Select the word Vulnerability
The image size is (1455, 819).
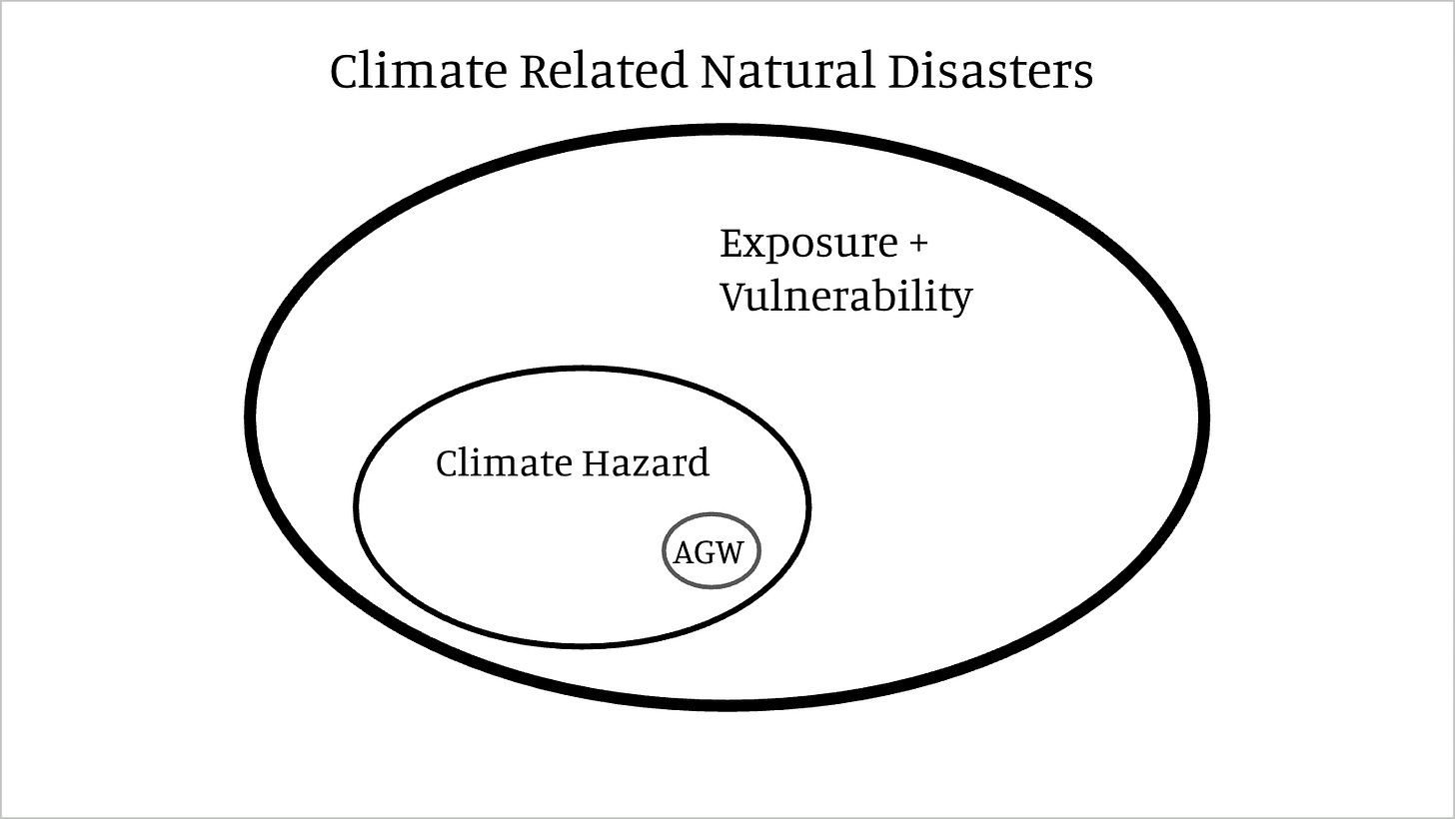click(x=845, y=298)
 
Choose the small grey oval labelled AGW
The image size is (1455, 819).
click(x=711, y=550)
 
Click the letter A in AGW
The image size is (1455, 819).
click(x=684, y=552)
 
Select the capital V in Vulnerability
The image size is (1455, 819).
click(x=733, y=297)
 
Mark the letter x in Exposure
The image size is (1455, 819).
click(x=759, y=247)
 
